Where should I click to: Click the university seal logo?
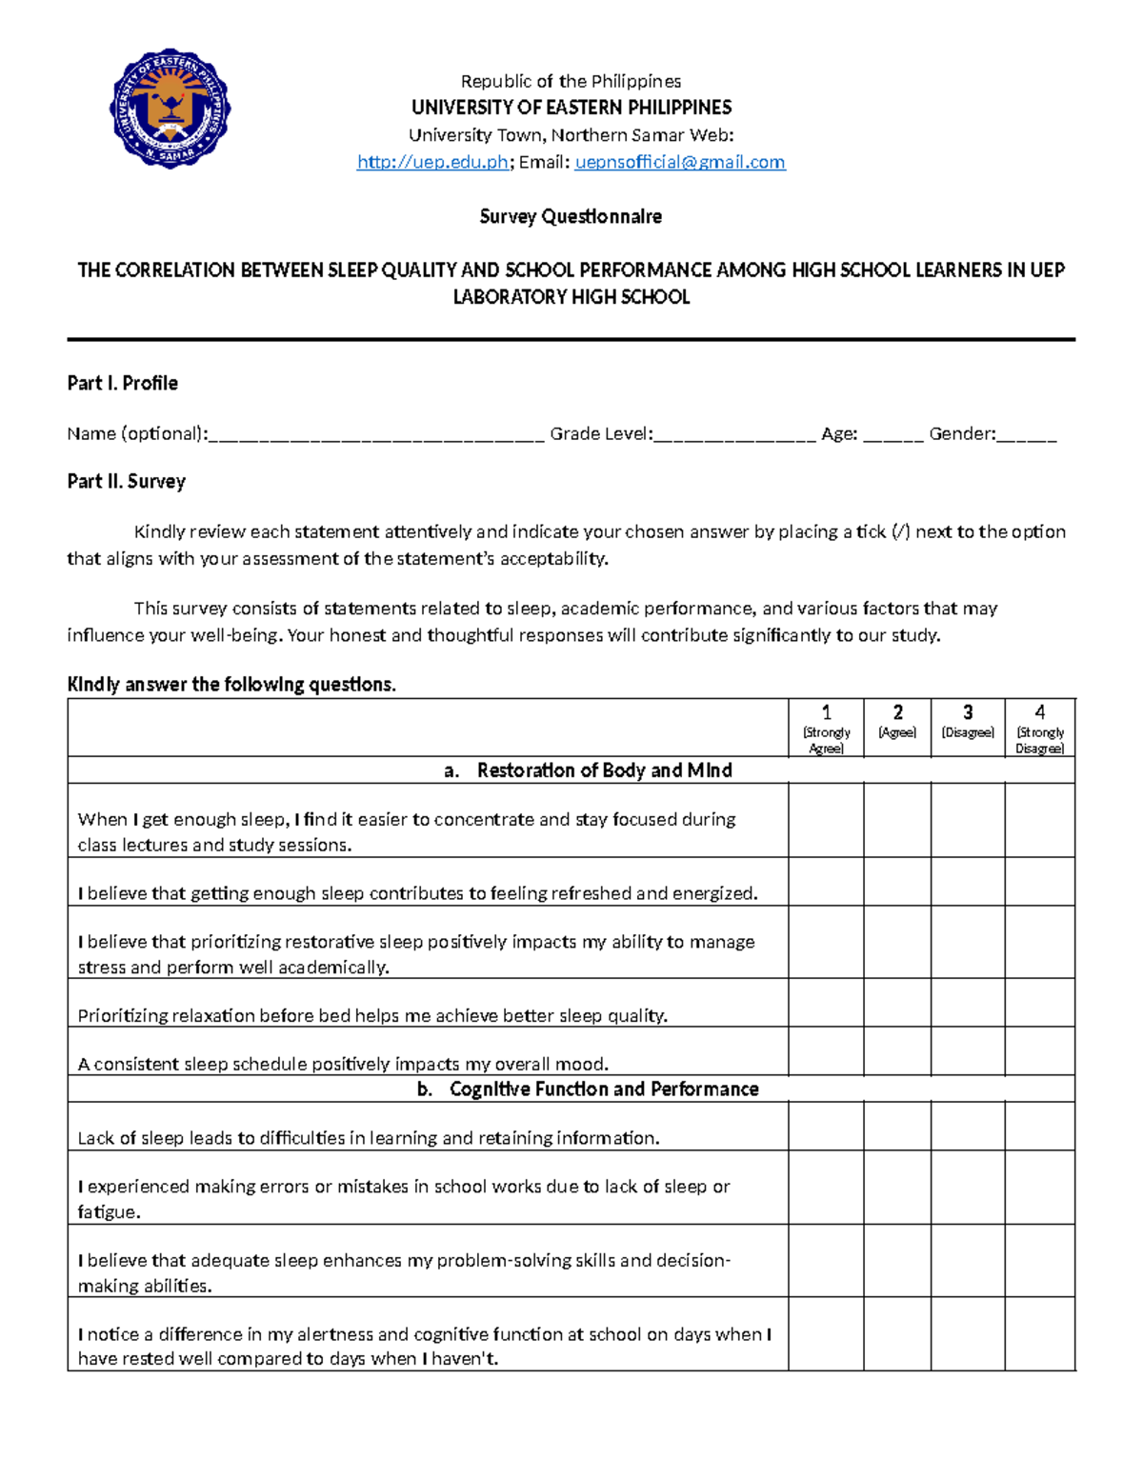(x=170, y=109)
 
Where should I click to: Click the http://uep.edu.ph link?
(x=432, y=162)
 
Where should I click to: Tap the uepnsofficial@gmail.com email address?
(x=680, y=162)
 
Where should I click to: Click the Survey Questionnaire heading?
(x=571, y=216)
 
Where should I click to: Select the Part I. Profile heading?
(x=122, y=383)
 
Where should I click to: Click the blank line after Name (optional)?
(x=376, y=436)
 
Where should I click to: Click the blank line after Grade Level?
(x=735, y=436)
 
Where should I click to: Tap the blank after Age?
(x=893, y=436)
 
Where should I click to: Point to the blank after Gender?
(x=1028, y=436)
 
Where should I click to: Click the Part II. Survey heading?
(x=126, y=481)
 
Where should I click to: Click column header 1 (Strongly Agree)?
(x=826, y=728)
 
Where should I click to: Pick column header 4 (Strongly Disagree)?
(x=1039, y=728)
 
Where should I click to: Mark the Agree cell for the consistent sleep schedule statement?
(x=897, y=1051)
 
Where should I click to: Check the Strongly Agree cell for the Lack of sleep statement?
(x=826, y=1127)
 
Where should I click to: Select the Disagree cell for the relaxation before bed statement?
(x=968, y=1003)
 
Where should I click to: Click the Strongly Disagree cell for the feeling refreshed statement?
(x=1039, y=881)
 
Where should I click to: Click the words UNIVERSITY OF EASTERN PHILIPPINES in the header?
(x=571, y=107)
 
